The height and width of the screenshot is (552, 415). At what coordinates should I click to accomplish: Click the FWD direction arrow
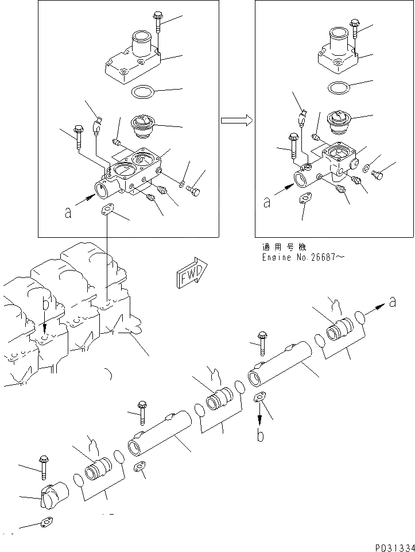192,276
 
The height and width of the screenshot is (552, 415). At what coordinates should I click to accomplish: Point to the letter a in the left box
68,213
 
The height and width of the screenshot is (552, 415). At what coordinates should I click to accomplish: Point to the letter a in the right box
266,202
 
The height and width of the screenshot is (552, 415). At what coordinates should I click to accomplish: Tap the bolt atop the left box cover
158,22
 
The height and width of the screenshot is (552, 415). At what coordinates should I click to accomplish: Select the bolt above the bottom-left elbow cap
43,467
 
